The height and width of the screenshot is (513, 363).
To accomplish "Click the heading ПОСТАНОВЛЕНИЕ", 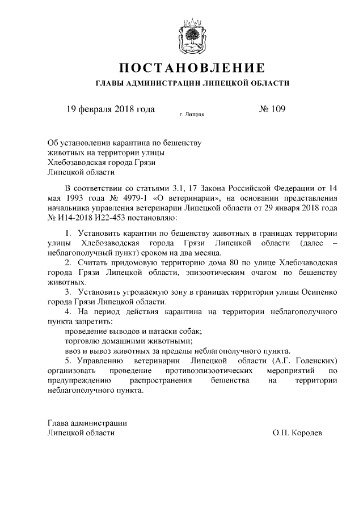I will [x=192, y=69].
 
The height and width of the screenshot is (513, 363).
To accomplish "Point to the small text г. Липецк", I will [x=192, y=115].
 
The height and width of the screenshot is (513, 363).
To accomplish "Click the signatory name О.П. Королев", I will [x=297, y=433].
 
